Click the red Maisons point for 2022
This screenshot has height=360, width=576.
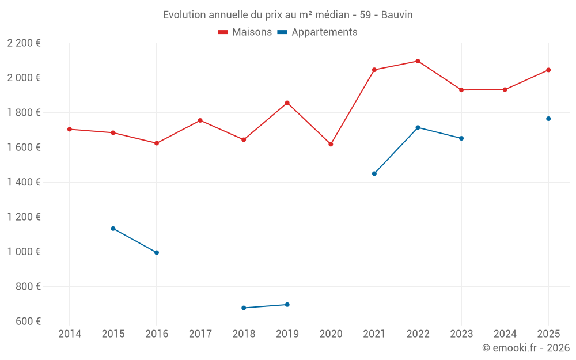pyautogui.click(x=418, y=61)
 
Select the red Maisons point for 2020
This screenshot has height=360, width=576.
pyautogui.click(x=331, y=144)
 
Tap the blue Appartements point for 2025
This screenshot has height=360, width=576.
pyautogui.click(x=548, y=119)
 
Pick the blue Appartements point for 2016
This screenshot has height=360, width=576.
pyautogui.click(x=157, y=253)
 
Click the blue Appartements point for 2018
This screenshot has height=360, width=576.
pyautogui.click(x=244, y=308)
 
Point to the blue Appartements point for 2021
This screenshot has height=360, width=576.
pyautogui.click(x=374, y=173)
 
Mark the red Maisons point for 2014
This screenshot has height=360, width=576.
pyautogui.click(x=70, y=129)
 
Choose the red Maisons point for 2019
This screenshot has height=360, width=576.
pyautogui.click(x=287, y=103)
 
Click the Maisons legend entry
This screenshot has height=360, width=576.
pyautogui.click(x=245, y=32)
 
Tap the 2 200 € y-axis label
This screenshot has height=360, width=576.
pyautogui.click(x=24, y=43)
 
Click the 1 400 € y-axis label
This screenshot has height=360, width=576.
pyautogui.click(x=24, y=182)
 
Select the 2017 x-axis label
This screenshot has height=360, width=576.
pyautogui.click(x=200, y=334)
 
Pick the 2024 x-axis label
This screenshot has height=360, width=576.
pyautogui.click(x=505, y=334)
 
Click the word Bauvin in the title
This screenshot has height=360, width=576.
pyautogui.click(x=397, y=15)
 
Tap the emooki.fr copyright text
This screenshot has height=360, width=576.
pyautogui.click(x=526, y=348)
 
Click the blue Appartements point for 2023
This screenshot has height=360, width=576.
pyautogui.click(x=461, y=138)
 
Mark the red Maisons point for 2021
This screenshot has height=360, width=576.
pyautogui.click(x=374, y=70)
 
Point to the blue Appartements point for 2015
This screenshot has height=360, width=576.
pyautogui.click(x=113, y=229)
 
